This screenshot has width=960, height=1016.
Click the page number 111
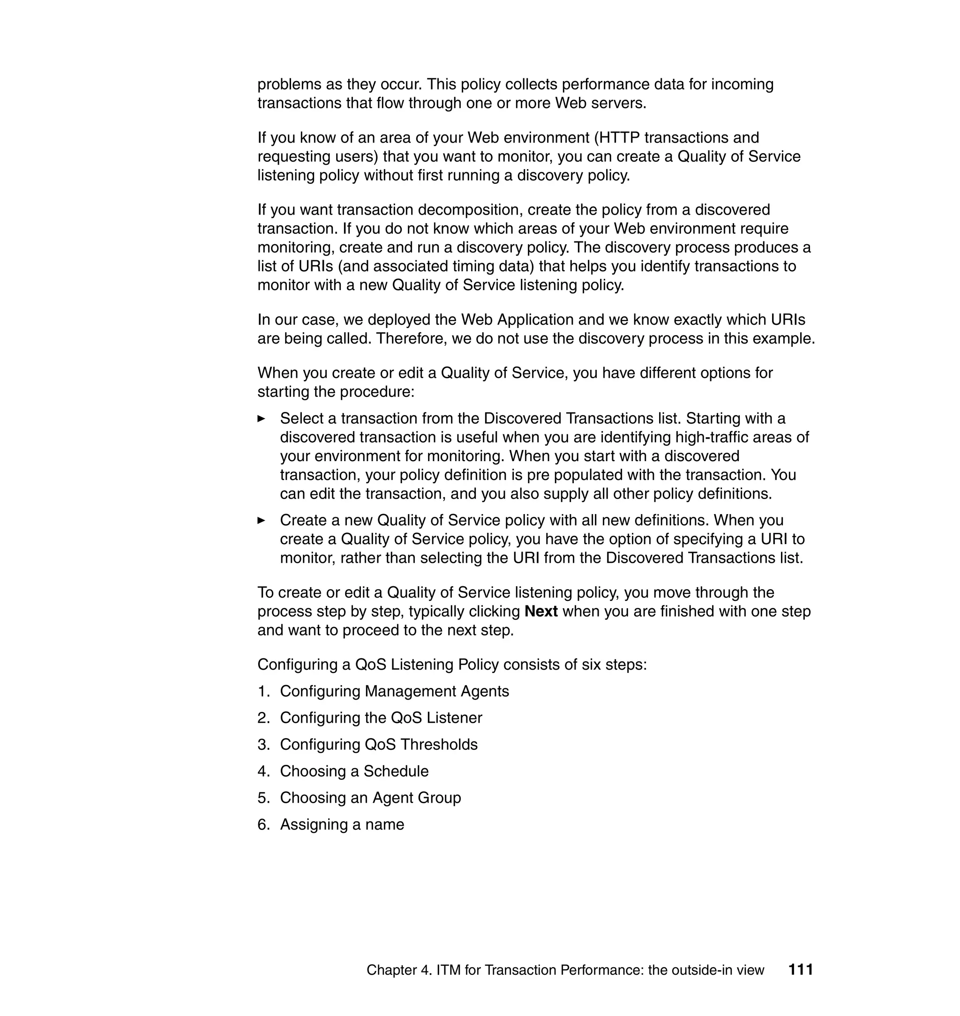pos(800,970)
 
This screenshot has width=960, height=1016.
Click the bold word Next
pos(541,612)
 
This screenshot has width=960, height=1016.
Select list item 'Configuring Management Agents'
pos(394,691)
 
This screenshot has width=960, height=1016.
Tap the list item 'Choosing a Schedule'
pos(354,771)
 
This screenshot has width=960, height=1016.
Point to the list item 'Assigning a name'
pos(342,824)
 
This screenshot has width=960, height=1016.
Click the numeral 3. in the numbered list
pos(263,744)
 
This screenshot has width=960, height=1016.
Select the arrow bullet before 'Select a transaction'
pos(262,418)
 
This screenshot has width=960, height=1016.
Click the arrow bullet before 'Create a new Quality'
pos(262,520)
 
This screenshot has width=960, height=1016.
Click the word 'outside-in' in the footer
pos(707,970)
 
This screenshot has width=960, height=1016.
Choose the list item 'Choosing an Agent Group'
pos(370,798)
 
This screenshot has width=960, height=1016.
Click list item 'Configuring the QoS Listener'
pos(381,718)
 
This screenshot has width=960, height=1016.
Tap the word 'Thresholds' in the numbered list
pos(439,744)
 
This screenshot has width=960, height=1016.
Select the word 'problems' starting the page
pos(289,84)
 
